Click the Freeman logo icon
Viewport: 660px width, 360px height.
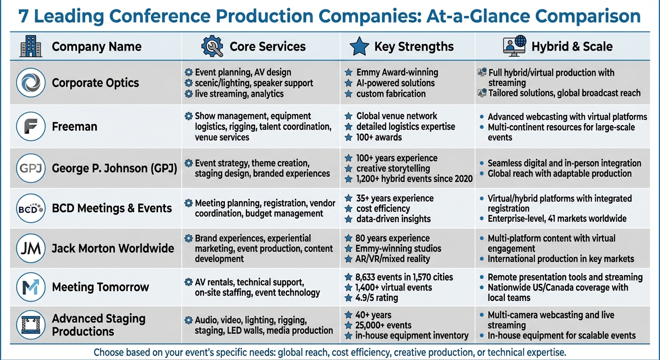click(x=30, y=127)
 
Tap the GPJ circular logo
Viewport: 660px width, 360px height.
click(x=30, y=168)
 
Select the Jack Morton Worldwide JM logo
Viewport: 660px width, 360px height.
click(x=30, y=248)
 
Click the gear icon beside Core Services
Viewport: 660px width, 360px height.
click(x=212, y=46)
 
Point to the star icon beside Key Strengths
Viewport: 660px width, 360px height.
click(x=359, y=46)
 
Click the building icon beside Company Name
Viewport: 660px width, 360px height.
click(x=31, y=46)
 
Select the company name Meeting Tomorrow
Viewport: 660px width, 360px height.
click(x=100, y=287)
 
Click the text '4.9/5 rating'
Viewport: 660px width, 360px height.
click(x=377, y=298)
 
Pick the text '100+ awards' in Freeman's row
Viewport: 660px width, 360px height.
click(x=379, y=137)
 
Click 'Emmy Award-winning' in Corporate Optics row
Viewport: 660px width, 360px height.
click(x=397, y=72)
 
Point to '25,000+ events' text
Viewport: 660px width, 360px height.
click(x=383, y=325)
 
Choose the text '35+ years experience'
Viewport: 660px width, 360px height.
click(x=395, y=198)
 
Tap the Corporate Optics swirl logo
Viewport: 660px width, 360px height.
click(x=30, y=83)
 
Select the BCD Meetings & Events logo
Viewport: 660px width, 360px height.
click(x=30, y=208)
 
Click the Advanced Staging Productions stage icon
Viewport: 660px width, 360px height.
click(x=30, y=325)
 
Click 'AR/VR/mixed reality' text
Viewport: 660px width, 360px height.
click(x=393, y=259)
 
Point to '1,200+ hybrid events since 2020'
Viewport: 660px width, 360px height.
click(x=414, y=179)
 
